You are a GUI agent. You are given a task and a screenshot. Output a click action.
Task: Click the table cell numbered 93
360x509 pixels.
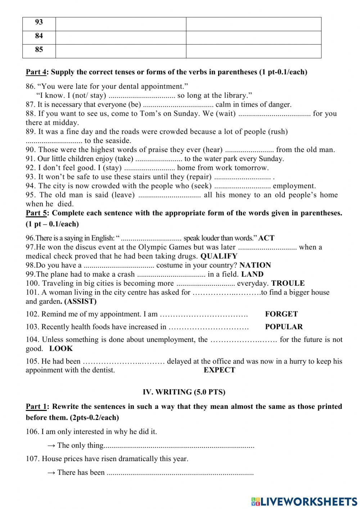pyautogui.click(x=39, y=23)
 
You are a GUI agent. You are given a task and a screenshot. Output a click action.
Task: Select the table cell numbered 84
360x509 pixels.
pyautogui.click(x=39, y=36)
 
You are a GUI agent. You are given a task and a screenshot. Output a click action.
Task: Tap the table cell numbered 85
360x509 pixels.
pyautogui.click(x=39, y=50)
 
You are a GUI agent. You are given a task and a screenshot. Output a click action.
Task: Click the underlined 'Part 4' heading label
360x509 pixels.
pyautogui.click(x=36, y=72)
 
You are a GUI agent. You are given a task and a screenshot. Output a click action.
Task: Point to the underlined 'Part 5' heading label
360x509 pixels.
pyautogui.click(x=36, y=213)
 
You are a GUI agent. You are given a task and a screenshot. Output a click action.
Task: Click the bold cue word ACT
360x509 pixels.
pyautogui.click(x=266, y=238)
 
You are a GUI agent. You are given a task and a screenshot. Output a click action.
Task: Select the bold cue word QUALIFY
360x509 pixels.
pyautogui.click(x=219, y=256)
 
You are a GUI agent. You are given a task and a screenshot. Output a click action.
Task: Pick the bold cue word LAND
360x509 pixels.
pyautogui.click(x=252, y=274)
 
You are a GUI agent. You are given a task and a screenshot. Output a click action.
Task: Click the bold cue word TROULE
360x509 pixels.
pyautogui.click(x=288, y=283)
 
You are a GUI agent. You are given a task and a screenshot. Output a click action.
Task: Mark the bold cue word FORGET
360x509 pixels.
pyautogui.click(x=281, y=314)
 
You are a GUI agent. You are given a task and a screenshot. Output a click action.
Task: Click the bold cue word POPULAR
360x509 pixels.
pyautogui.click(x=284, y=327)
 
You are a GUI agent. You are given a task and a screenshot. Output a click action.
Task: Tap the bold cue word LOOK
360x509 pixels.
pyautogui.click(x=61, y=348)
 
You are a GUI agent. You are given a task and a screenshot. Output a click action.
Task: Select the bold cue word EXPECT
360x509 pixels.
pyautogui.click(x=219, y=370)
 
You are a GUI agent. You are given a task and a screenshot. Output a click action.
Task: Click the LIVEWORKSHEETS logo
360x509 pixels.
pyautogui.click(x=304, y=501)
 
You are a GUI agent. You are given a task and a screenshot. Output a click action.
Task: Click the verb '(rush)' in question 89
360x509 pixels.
pyautogui.click(x=278, y=131)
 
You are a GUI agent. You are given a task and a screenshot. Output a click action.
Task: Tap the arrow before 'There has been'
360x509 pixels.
pyautogui.click(x=51, y=473)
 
